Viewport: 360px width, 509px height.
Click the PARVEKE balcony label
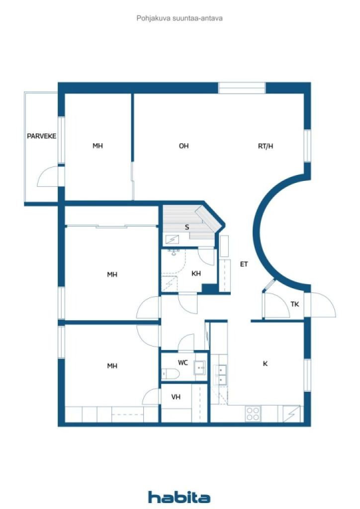tap(42, 136)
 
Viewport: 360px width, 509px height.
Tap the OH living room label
tap(184, 146)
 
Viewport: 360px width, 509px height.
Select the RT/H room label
tap(266, 146)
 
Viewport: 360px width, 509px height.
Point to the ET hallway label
tap(244, 264)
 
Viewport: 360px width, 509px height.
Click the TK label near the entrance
tap(295, 304)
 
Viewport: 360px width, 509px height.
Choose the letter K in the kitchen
tap(265, 363)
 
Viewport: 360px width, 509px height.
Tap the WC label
tap(183, 362)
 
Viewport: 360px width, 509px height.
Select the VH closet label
tap(176, 397)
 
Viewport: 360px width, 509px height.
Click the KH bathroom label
tap(196, 273)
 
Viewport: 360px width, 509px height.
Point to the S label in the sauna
tap(187, 227)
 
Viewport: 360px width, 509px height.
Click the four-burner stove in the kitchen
tap(253, 414)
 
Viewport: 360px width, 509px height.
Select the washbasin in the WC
tap(199, 368)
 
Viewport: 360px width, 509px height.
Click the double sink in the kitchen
tap(221, 375)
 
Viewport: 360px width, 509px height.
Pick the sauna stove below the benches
tap(173, 240)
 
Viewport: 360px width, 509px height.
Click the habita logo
tap(179, 497)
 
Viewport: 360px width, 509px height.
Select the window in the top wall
tap(242, 88)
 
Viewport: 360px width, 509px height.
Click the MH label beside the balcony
tap(98, 146)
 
